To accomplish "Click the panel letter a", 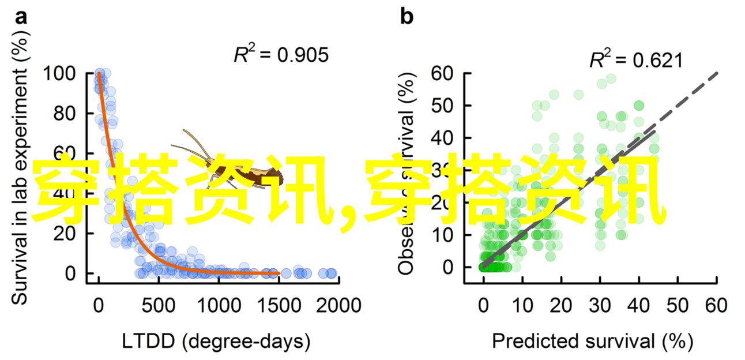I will tap(21, 17).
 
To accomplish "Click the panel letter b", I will tap(407, 17).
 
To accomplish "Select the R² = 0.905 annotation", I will tap(281, 55).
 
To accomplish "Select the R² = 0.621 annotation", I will tap(635, 61).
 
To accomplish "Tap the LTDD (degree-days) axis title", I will tap(216, 342).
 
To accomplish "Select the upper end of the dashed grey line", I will tap(717, 73).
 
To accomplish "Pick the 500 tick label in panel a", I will tap(158, 305).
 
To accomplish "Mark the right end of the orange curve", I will tap(279, 273).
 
